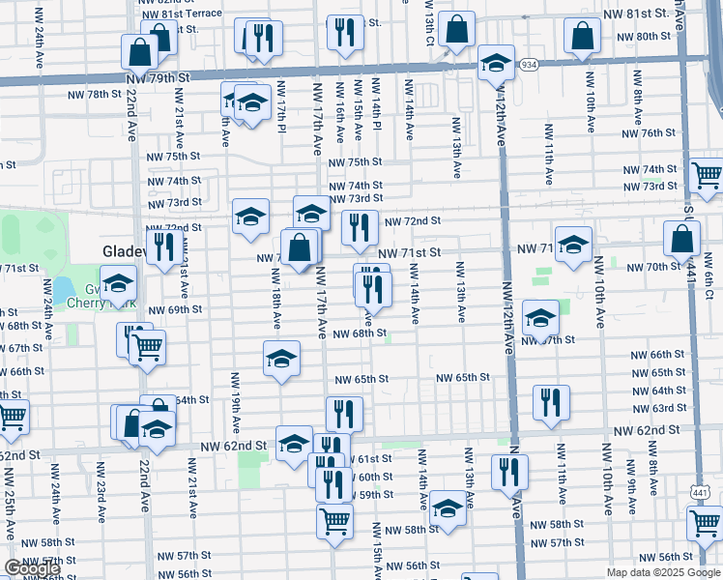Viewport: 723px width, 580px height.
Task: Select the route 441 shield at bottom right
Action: pyautogui.click(x=702, y=493)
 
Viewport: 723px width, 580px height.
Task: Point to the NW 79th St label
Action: pyautogui.click(x=158, y=75)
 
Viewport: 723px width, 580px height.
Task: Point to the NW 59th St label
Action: pyautogui.click(x=375, y=494)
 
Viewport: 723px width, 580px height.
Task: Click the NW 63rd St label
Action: pyautogui.click(x=668, y=407)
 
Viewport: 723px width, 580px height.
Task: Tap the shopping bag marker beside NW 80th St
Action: pyautogui.click(x=583, y=37)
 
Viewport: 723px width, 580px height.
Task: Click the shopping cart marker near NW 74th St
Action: pyautogui.click(x=707, y=174)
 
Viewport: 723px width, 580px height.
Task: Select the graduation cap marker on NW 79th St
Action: pyautogui.click(x=496, y=64)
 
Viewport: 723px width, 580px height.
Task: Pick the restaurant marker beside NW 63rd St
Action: pyautogui.click(x=551, y=402)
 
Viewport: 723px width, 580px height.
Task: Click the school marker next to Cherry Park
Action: pyautogui.click(x=119, y=283)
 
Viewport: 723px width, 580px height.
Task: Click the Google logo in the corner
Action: pyautogui.click(x=32, y=569)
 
